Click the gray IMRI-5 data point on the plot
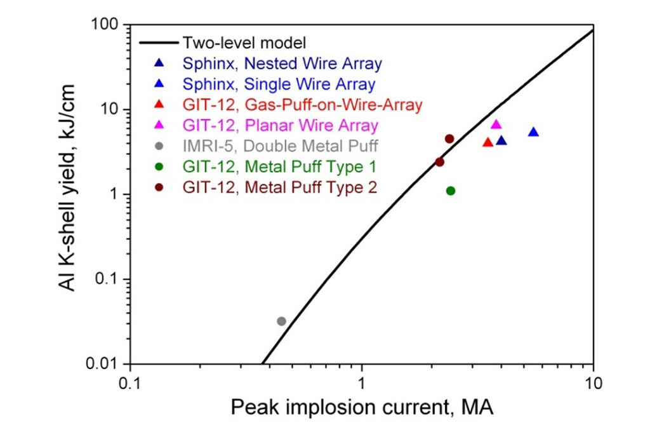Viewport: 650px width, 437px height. coord(281,321)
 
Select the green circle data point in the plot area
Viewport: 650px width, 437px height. coord(451,191)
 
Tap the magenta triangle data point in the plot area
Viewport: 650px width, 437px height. coord(496,124)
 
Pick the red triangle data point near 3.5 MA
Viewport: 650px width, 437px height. coord(487,142)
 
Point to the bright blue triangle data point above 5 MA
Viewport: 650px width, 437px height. coord(533,132)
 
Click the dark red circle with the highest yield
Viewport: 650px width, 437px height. coord(449,138)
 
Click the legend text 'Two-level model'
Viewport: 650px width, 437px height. coord(244,43)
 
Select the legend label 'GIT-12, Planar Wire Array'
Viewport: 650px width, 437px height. coord(280,125)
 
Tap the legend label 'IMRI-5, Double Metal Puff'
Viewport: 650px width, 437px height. coord(280,146)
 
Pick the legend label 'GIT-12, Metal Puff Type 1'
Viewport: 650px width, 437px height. coord(279,167)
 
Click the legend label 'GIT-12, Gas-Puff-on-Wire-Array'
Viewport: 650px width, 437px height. coord(302,105)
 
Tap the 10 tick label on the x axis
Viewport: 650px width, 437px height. coord(593,384)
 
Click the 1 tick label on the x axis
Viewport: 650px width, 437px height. coord(362,384)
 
